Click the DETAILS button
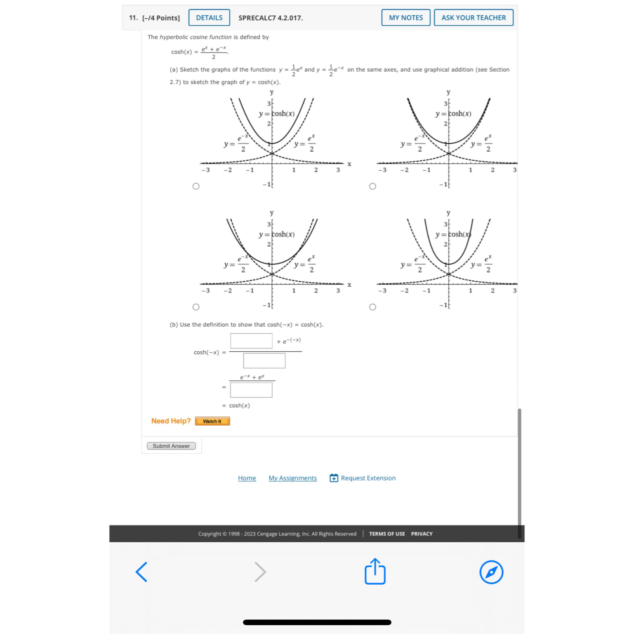209,18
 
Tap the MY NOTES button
406,18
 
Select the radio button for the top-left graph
196,186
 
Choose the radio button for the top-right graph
372,186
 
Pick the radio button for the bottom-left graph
196,307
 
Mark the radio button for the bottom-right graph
372,307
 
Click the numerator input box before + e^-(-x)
251,341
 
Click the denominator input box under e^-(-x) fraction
264,361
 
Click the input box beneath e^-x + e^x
251,390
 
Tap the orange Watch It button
212,421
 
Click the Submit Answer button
171,446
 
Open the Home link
247,478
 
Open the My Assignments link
293,478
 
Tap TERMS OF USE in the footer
387,534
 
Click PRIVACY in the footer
422,534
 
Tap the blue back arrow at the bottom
141,572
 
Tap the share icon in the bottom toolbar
375,572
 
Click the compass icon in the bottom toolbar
491,572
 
